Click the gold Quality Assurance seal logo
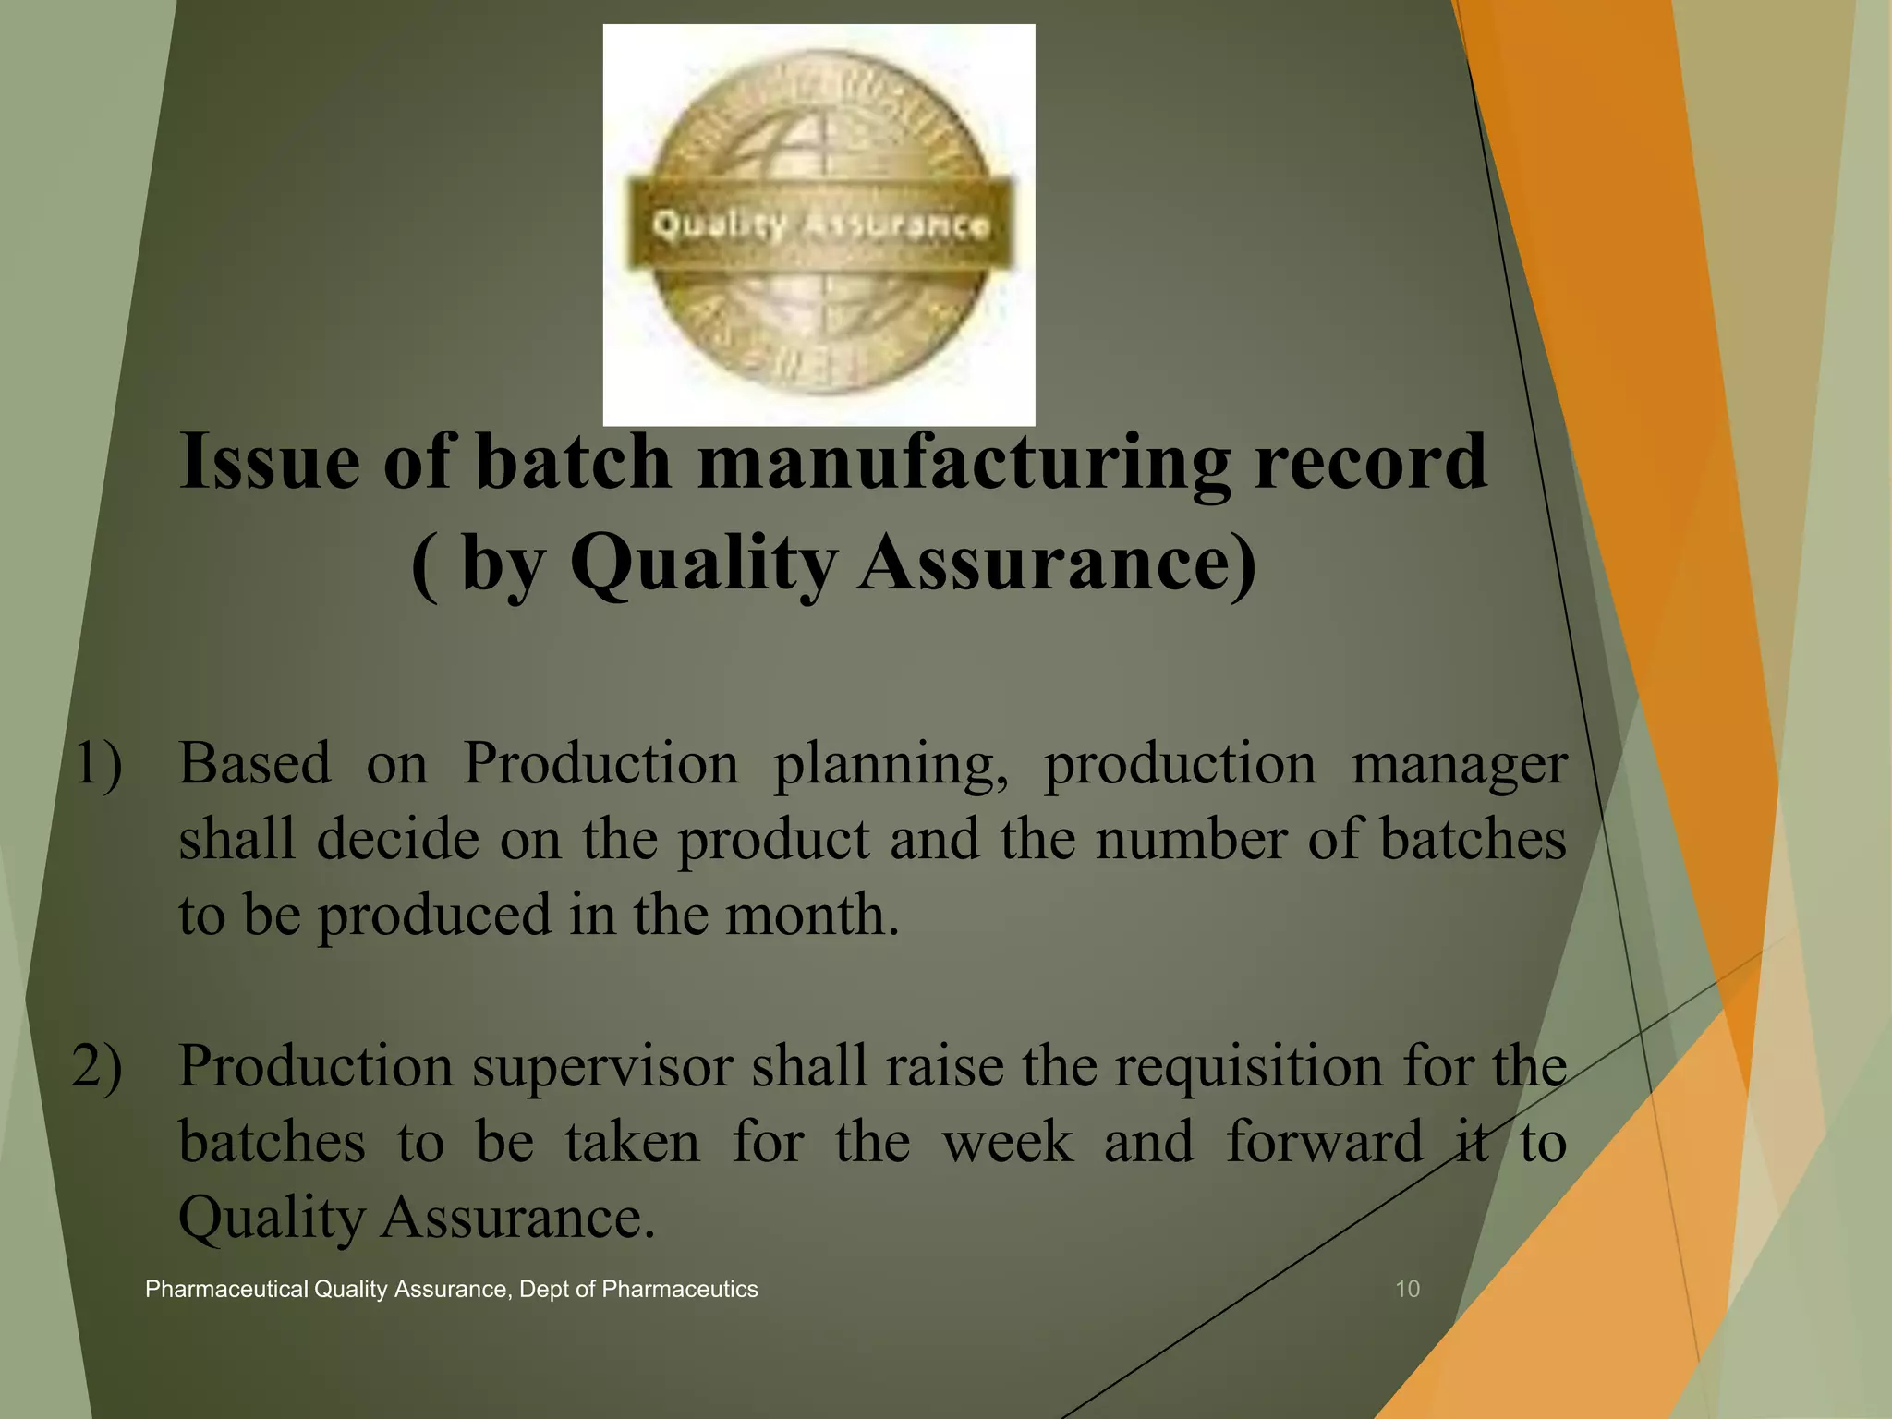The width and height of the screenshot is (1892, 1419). (x=819, y=224)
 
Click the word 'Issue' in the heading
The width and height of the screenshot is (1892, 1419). (x=269, y=461)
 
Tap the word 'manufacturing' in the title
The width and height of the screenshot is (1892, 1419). (x=964, y=461)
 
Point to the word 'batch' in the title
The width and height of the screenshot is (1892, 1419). (x=573, y=461)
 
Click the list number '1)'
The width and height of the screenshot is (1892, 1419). (x=97, y=765)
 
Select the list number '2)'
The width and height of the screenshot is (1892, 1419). (x=97, y=1067)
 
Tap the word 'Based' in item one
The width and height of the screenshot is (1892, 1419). (x=254, y=765)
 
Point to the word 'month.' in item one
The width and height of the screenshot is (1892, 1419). (x=812, y=915)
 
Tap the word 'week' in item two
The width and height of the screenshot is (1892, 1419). (x=1008, y=1143)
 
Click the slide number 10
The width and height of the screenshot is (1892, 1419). (x=1407, y=1290)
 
